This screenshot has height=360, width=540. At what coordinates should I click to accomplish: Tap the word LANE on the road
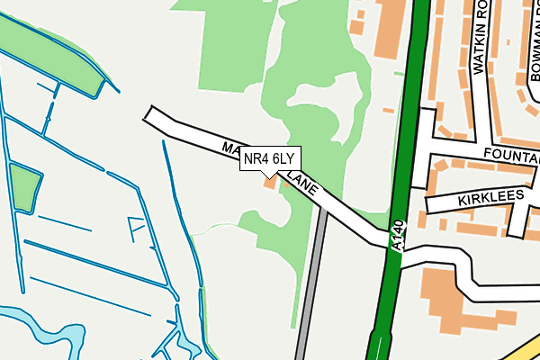[x=306, y=185]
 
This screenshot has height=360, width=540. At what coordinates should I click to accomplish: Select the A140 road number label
[x=400, y=236]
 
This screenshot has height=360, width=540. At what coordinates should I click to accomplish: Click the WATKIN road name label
[x=479, y=36]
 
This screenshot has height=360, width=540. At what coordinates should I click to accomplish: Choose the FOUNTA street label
[x=509, y=156]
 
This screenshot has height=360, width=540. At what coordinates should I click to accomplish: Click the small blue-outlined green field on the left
[x=23, y=186]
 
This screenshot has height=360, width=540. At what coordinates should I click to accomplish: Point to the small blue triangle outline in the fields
[x=137, y=229]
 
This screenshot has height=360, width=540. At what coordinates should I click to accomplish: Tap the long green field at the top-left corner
[x=45, y=49]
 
